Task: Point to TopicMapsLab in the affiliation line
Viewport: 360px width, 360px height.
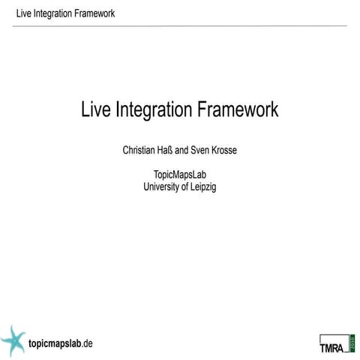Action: coord(179,175)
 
